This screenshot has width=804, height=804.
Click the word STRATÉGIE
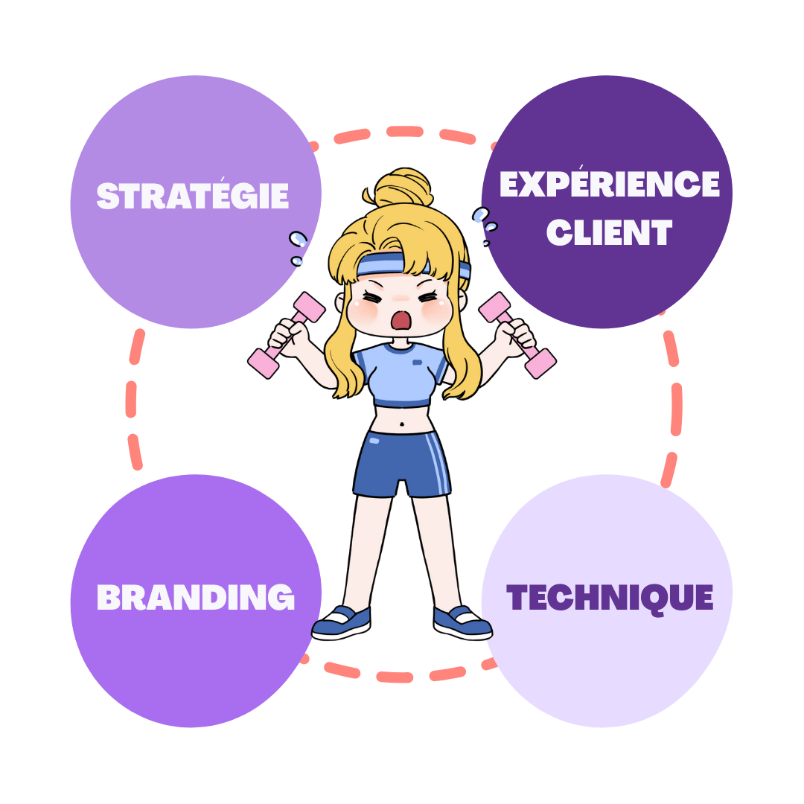pyautogui.click(x=193, y=195)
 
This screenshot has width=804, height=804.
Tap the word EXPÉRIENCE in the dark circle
pyautogui.click(x=609, y=184)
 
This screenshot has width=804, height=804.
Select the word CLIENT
pyautogui.click(x=609, y=232)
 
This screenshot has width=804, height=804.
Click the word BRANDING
pyautogui.click(x=195, y=597)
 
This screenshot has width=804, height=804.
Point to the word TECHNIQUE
pyautogui.click(x=609, y=597)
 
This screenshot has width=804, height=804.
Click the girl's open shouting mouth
pyautogui.click(x=402, y=319)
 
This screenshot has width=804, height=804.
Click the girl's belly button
pyautogui.click(x=402, y=426)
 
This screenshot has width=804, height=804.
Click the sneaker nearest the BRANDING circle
pyautogui.click(x=342, y=622)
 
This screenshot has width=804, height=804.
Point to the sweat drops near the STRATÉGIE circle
pyautogui.click(x=299, y=246)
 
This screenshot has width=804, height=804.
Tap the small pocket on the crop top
pyautogui.click(x=417, y=363)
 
